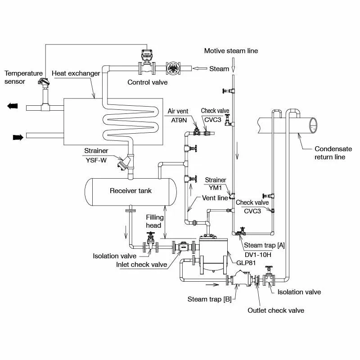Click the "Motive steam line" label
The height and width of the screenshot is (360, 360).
[x=231, y=51]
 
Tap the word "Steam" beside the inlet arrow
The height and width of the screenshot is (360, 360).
[x=219, y=69]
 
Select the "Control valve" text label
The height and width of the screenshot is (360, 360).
[x=148, y=82]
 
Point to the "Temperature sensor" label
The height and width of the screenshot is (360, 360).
[x=23, y=77]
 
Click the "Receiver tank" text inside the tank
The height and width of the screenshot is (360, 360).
[x=131, y=191]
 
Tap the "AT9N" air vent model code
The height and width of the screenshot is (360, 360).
[x=179, y=120]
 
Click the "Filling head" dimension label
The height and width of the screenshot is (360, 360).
[x=154, y=221]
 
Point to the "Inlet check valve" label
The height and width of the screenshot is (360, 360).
[x=142, y=265]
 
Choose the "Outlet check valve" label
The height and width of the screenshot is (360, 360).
[x=276, y=310]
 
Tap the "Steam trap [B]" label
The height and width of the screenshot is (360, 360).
[x=209, y=299]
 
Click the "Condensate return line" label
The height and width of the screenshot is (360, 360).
[x=333, y=153]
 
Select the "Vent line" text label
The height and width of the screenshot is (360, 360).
[x=216, y=198]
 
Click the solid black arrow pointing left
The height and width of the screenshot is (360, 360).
[x=13, y=106]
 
